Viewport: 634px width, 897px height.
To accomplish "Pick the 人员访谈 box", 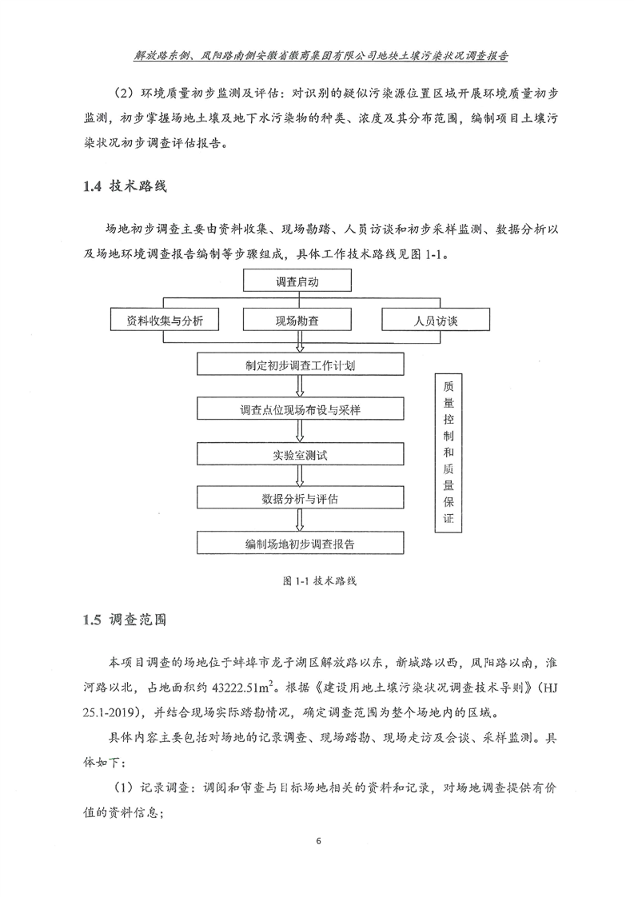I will pyautogui.click(x=436, y=321).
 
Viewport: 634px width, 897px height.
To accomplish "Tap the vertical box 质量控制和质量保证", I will pyautogui.click(x=448, y=452).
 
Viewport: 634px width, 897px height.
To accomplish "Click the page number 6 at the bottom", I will pyautogui.click(x=318, y=842).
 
